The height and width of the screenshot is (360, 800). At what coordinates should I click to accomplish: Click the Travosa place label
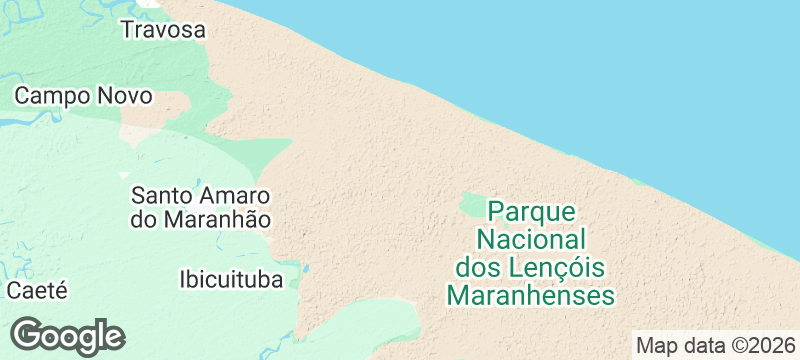point(163,30)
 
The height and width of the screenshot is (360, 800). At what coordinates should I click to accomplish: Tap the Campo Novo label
point(83,96)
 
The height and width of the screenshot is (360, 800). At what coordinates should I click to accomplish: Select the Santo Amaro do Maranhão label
point(201,206)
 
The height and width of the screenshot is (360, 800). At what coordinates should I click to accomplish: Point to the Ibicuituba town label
point(231,278)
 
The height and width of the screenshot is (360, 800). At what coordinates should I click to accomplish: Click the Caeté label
point(37,291)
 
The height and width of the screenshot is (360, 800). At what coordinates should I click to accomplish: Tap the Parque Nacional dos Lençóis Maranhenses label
point(530,254)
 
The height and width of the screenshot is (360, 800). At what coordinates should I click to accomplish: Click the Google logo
point(67,336)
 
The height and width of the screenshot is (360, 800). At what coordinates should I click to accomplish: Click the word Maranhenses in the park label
point(530,296)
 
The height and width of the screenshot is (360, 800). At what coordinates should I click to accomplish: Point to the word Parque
point(531,212)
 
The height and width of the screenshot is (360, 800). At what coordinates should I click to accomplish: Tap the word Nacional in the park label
point(531,240)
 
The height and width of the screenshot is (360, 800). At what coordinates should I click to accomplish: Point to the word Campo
point(51,96)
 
